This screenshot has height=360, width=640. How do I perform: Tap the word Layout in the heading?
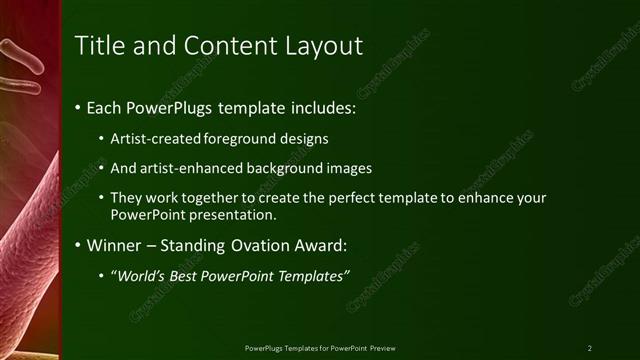[323, 46]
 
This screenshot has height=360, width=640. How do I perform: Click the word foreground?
[240, 139]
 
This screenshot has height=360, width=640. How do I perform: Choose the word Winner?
[116, 244]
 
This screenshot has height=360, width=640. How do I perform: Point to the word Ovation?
[264, 244]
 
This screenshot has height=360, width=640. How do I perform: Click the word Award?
[324, 244]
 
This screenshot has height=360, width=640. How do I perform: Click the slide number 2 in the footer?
[590, 348]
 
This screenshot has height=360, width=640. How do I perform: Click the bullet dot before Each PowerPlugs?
[79, 107]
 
